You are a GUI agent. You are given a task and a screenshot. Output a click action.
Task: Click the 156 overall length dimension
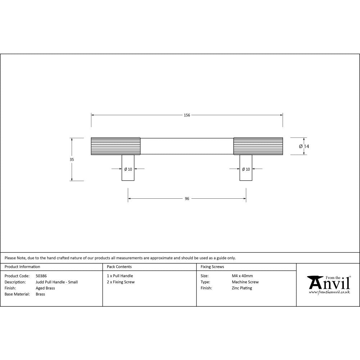pos(187,115)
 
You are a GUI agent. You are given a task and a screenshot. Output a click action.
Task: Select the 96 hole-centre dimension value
pos(187,198)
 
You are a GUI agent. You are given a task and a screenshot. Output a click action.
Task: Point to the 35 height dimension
pos(72,159)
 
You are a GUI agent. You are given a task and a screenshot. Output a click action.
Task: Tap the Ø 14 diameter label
pos(304,146)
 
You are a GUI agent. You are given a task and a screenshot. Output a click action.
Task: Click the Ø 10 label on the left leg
pos(128,169)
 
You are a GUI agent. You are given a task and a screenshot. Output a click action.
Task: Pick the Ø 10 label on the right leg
pos(246,169)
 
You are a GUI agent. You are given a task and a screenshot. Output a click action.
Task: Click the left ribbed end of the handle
pos(116,146)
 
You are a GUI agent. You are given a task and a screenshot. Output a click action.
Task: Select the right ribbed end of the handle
pos(258,146)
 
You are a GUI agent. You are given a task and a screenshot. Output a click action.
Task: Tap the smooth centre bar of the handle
pos(187,146)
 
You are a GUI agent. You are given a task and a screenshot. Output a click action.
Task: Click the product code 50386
pos(41,276)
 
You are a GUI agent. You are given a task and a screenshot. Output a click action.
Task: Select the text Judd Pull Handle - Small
pos(57,282)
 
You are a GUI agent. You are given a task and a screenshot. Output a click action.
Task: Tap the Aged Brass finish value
pos(45,288)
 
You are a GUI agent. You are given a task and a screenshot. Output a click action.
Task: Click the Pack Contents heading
pos(119,267)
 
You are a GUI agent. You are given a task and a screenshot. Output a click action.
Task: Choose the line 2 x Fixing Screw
pos(121,282)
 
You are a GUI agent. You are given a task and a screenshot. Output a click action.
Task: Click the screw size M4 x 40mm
pos(242,276)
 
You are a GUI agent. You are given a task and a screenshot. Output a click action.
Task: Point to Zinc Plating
pos(242,288)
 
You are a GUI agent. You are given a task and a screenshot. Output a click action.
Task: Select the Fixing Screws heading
pos(212,267)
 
